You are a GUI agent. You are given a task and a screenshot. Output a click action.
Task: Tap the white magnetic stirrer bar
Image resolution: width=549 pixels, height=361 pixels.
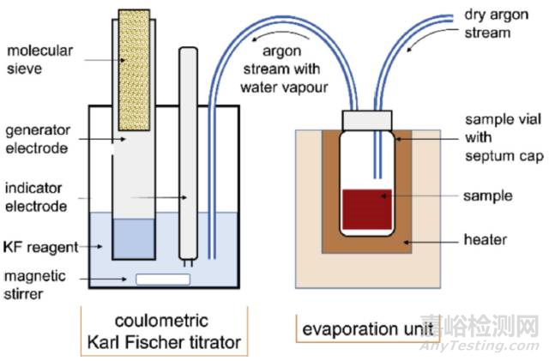163,279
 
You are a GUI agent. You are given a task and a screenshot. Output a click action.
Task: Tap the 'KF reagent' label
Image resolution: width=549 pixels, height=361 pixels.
40,247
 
